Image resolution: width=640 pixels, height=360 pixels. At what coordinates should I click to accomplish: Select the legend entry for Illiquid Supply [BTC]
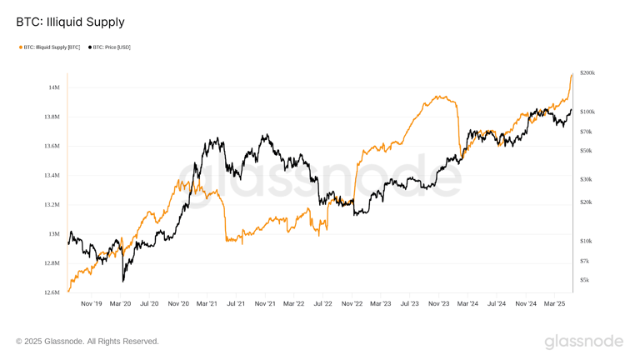pos(50,47)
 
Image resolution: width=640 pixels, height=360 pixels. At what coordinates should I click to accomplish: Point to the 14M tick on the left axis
pos(53,87)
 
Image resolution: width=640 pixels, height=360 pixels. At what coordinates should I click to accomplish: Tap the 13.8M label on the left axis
pos(51,117)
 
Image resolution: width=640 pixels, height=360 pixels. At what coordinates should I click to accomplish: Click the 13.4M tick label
pos(51,176)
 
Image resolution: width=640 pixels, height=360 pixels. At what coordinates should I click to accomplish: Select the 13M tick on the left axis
pos(53,234)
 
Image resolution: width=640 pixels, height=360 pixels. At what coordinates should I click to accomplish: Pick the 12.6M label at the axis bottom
pos(51,292)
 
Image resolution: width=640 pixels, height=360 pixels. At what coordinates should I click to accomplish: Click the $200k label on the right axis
pos(587,73)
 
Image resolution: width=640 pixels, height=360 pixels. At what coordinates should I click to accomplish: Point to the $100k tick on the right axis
pos(587,111)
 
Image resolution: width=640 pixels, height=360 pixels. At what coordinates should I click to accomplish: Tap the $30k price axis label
pos(586,179)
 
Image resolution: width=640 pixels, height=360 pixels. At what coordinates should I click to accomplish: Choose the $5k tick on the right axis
pos(585,280)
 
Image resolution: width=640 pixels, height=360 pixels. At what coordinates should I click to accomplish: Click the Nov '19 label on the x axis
pos(92,304)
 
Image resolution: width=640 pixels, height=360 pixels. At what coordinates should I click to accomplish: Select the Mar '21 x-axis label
pos(207,304)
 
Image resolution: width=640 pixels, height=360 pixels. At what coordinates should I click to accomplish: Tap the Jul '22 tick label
pos(322,304)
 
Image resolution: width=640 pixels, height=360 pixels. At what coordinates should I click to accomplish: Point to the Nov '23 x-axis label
pos(438,304)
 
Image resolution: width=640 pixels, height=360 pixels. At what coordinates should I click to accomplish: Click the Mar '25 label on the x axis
pos(554,304)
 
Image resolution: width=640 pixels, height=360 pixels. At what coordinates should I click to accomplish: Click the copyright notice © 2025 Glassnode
pos(87,341)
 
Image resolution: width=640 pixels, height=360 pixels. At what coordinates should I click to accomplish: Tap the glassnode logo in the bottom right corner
pos(583,341)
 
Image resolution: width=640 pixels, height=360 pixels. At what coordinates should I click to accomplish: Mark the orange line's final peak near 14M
pos(572,75)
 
